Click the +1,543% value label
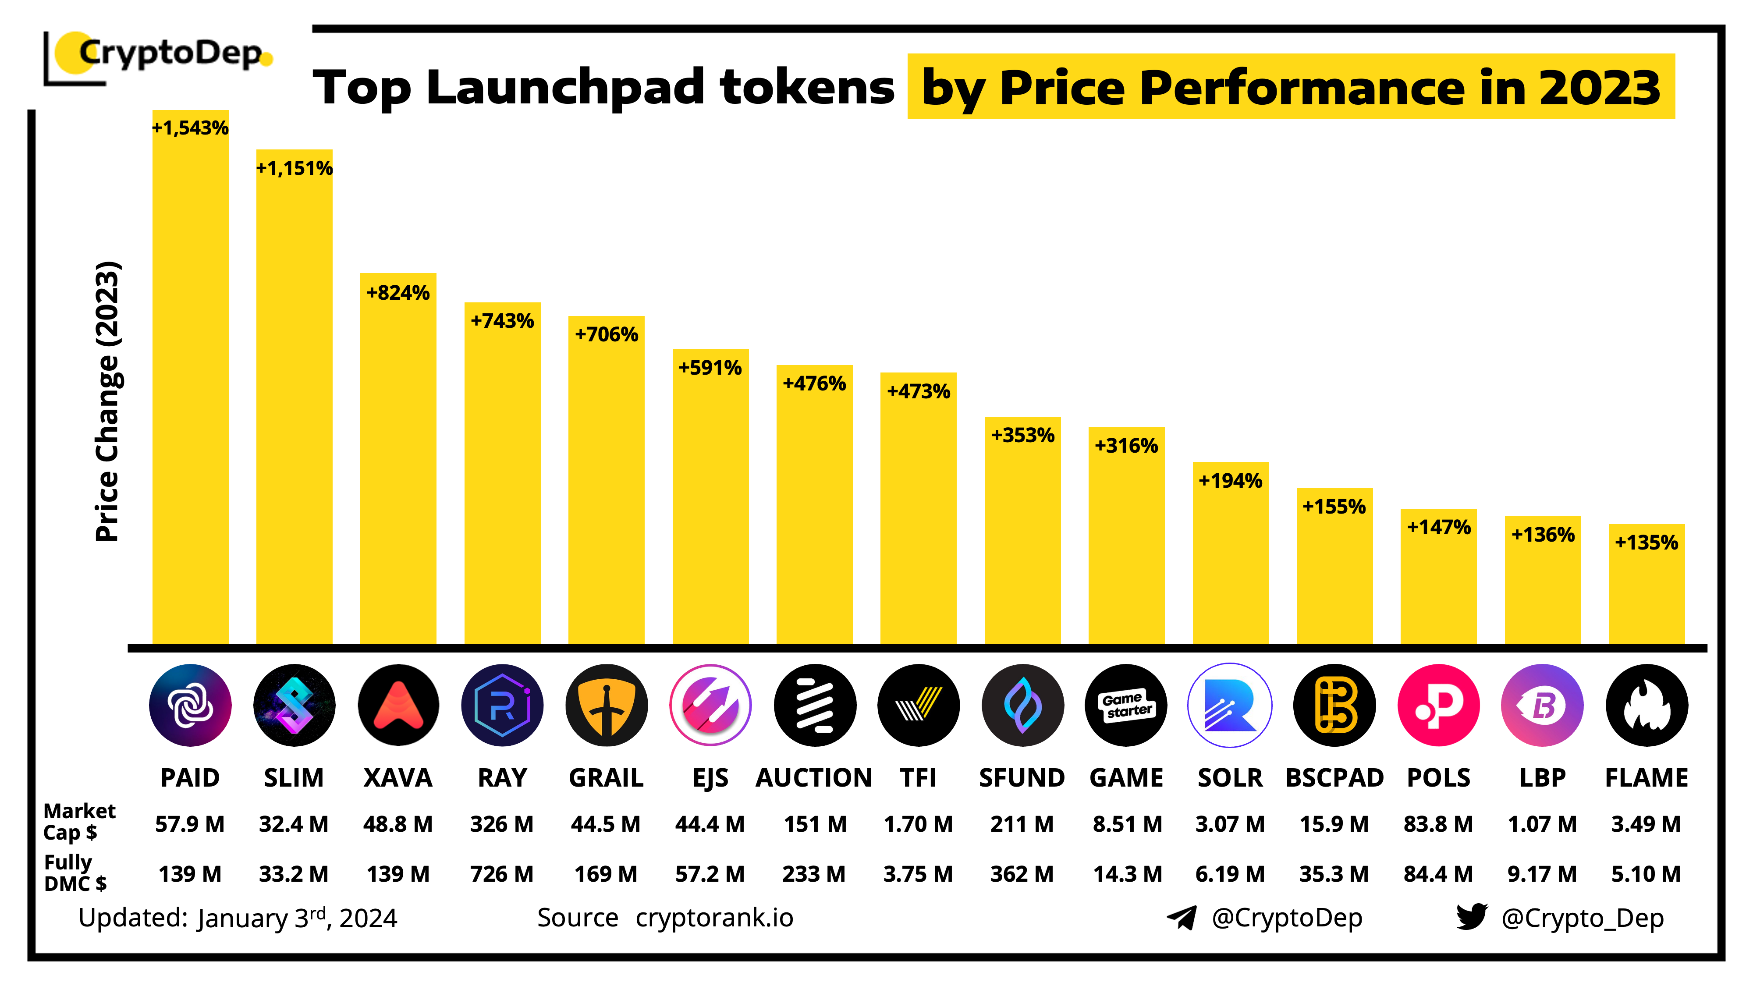[190, 128]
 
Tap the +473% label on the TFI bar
[918, 391]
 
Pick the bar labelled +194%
[1230, 558]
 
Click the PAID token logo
[190, 705]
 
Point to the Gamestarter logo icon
[1126, 705]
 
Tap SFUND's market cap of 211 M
[1022, 824]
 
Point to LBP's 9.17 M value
[1542, 874]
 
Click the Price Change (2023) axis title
[107, 401]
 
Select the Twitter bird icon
[1471, 917]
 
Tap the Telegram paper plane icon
[1182, 917]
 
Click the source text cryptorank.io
[714, 918]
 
